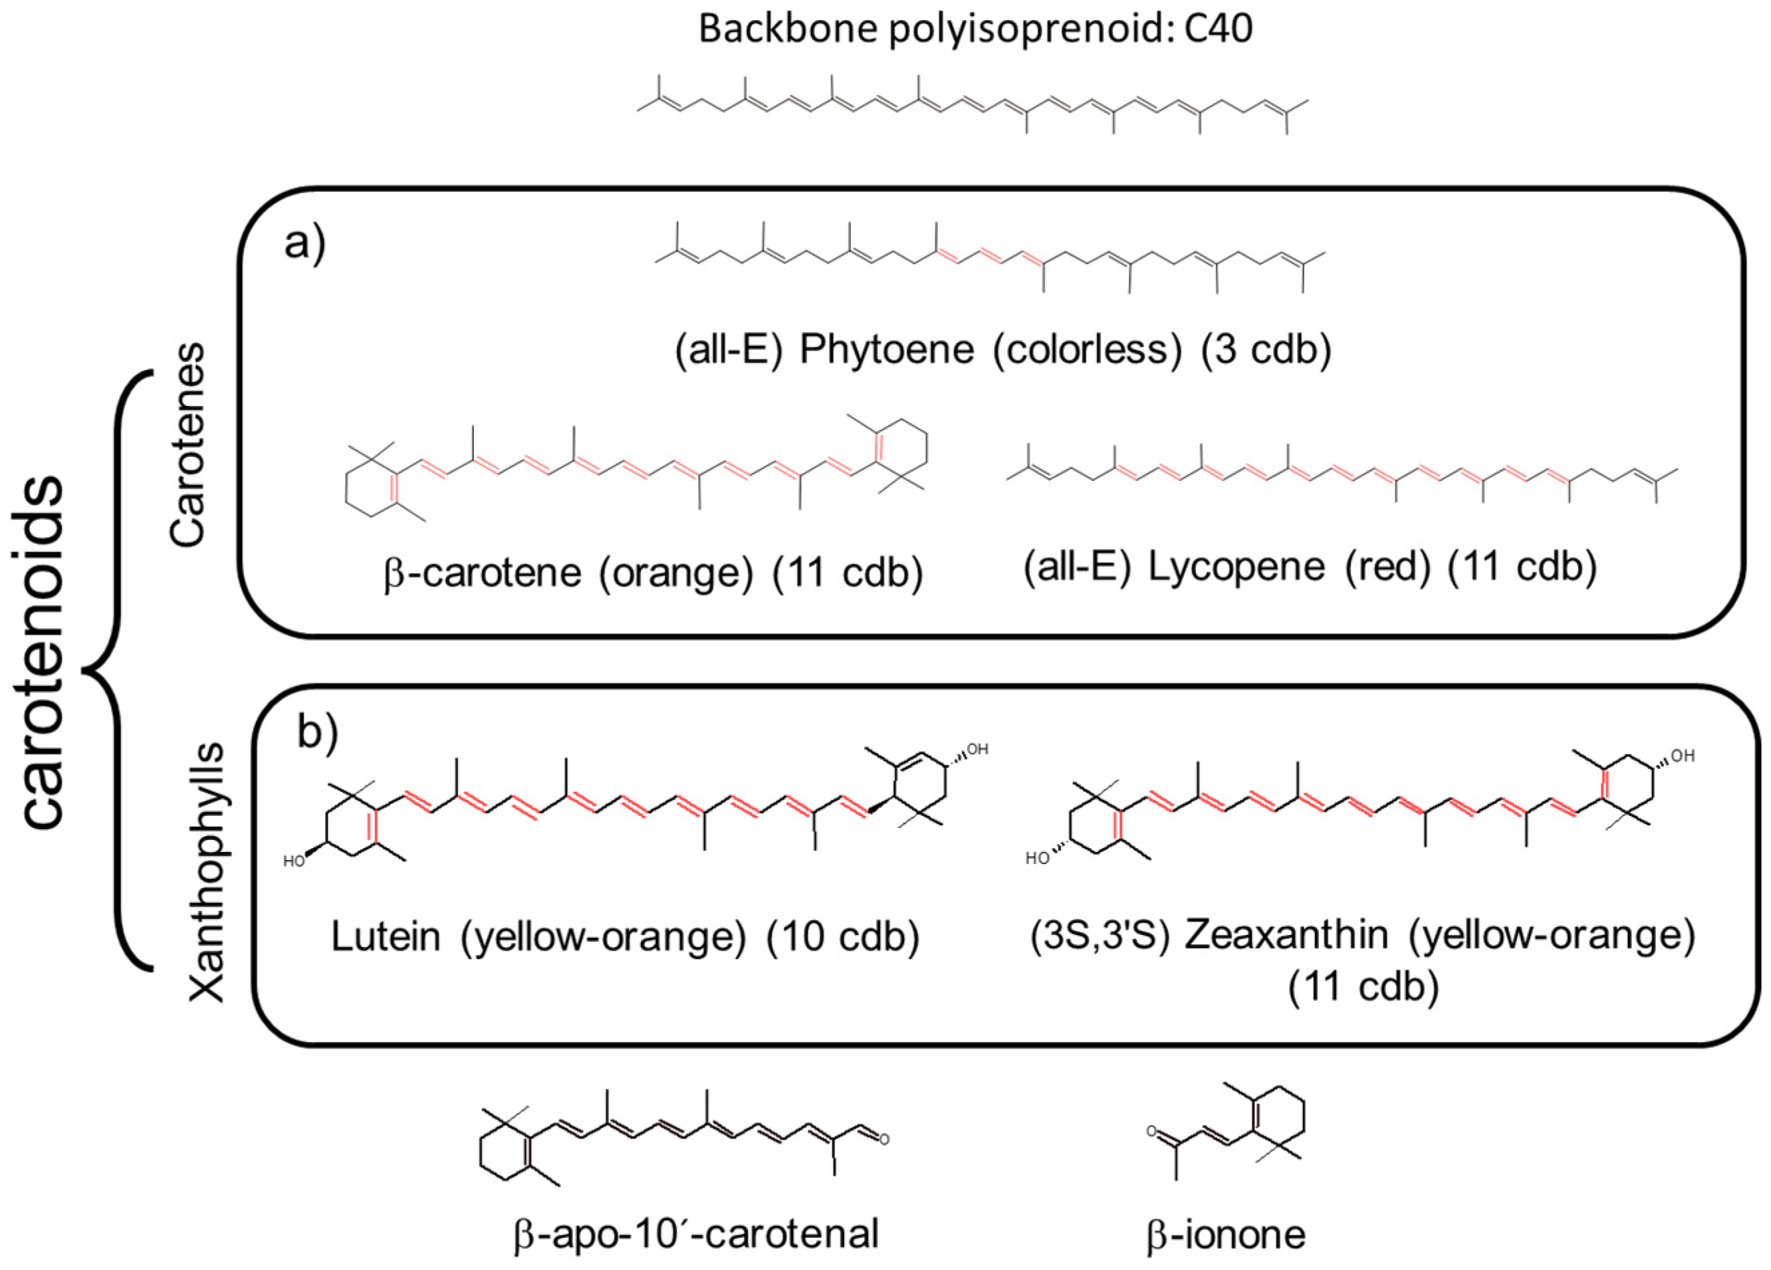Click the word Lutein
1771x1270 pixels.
point(386,936)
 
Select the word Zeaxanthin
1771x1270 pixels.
point(1288,936)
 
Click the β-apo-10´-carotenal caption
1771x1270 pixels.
point(697,1234)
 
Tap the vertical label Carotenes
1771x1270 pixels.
point(188,443)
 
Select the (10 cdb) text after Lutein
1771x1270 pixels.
point(842,936)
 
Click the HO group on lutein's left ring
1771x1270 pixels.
point(294,861)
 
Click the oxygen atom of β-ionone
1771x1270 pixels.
point(1151,1130)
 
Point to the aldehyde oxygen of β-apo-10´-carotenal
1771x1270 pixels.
point(884,1140)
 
